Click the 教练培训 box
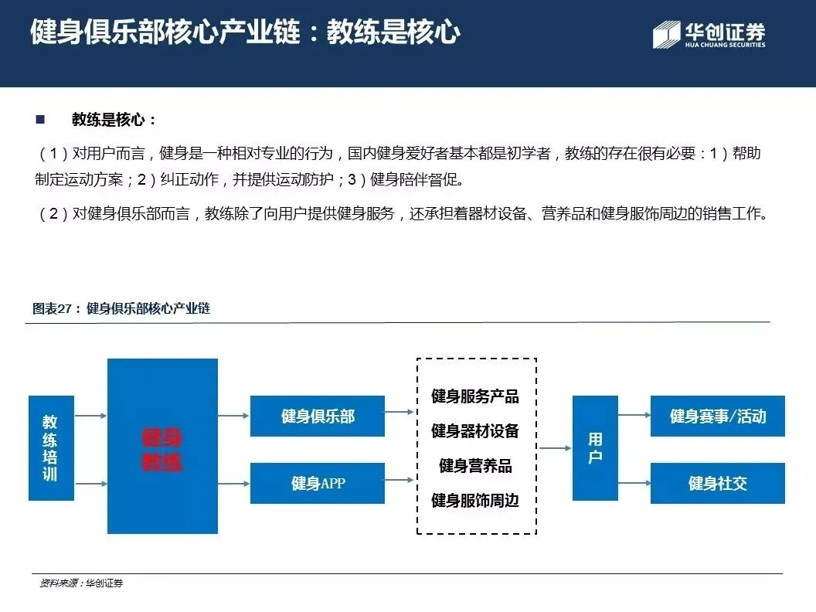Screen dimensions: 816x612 click(51, 448)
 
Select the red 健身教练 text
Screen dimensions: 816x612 click(161, 450)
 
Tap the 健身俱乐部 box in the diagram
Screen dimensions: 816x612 click(318, 416)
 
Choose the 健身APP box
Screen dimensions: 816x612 click(318, 484)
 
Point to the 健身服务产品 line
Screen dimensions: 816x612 click(475, 397)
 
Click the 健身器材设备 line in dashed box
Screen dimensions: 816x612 click(475, 431)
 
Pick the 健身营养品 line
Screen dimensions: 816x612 click(475, 466)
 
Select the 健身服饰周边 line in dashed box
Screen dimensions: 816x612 click(475, 501)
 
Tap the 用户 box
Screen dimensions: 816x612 click(595, 448)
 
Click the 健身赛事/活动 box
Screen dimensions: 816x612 click(718, 416)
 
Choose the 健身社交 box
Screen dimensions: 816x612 click(718, 484)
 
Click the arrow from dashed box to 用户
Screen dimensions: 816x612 click(554, 447)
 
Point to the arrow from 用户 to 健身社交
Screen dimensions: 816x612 click(634, 484)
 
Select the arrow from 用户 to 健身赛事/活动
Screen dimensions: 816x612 click(634, 416)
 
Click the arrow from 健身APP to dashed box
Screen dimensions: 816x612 click(399, 484)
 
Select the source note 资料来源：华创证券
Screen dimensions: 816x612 click(81, 583)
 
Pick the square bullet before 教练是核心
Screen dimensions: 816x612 click(40, 120)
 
